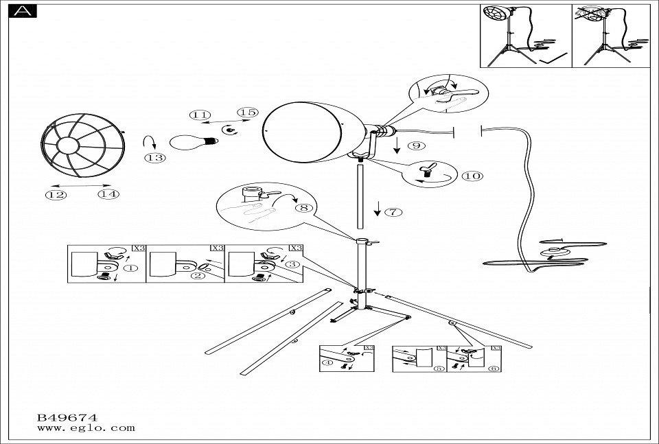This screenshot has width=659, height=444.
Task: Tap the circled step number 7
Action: point(393,211)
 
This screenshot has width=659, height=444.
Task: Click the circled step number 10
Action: point(472,176)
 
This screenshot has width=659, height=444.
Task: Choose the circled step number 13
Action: point(156,158)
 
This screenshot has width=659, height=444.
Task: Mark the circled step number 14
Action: point(108,194)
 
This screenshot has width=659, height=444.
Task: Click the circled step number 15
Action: point(246,113)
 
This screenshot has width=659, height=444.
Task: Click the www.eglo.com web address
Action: point(85,428)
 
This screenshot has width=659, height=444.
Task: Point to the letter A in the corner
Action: point(23,11)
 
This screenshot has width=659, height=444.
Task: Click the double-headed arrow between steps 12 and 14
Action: point(81,185)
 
